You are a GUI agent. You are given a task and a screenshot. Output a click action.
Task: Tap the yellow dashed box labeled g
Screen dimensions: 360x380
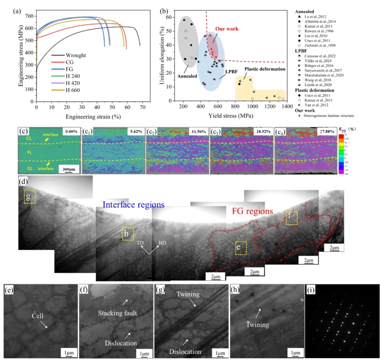point(30,197)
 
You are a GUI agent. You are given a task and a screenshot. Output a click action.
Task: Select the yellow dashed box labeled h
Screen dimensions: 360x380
point(128,233)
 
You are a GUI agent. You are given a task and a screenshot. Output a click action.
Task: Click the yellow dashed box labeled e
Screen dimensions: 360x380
point(241,247)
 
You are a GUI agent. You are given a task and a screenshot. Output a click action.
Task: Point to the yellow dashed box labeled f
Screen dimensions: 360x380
point(291,217)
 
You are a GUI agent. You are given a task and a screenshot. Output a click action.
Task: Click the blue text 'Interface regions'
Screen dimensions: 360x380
point(134,205)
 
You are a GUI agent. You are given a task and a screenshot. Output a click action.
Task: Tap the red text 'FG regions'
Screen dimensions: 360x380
point(252,211)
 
